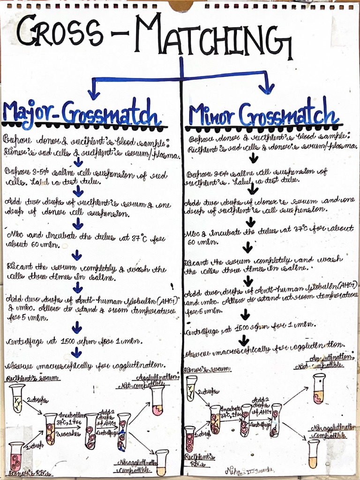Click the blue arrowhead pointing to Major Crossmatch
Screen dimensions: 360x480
click(94, 93)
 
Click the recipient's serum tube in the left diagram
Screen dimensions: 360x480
click(17, 398)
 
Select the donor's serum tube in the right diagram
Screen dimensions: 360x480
click(191, 388)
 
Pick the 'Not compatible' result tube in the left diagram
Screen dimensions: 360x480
click(157, 400)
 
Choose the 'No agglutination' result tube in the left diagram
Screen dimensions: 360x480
click(162, 463)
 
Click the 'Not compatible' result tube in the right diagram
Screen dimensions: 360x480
click(319, 388)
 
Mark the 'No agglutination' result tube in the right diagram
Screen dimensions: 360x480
click(313, 453)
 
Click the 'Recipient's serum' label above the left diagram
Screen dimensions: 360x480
click(32, 378)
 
